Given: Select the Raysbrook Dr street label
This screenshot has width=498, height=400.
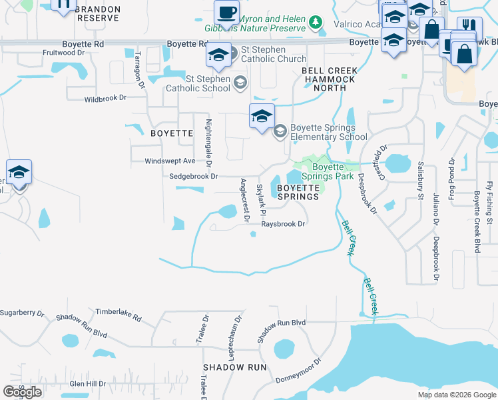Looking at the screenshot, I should [x=283, y=224].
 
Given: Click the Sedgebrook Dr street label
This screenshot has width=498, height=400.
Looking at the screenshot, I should [x=194, y=177].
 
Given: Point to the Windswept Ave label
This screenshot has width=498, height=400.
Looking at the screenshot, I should [x=170, y=161].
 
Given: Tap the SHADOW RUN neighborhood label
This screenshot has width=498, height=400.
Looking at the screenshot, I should [x=235, y=367].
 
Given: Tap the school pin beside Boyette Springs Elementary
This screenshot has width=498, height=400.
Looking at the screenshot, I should [x=262, y=116].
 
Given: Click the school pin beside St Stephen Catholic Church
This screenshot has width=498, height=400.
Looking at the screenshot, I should [x=218, y=55].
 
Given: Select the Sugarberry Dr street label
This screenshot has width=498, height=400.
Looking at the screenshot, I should [x=22, y=312].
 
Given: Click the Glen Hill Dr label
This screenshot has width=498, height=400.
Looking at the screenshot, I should [x=87, y=383].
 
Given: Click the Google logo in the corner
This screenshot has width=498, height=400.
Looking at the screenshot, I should [x=23, y=392].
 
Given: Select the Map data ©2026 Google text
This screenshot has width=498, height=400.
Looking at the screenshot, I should [x=456, y=395].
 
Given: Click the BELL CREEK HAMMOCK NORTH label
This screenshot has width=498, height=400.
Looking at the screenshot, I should [x=330, y=79].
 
